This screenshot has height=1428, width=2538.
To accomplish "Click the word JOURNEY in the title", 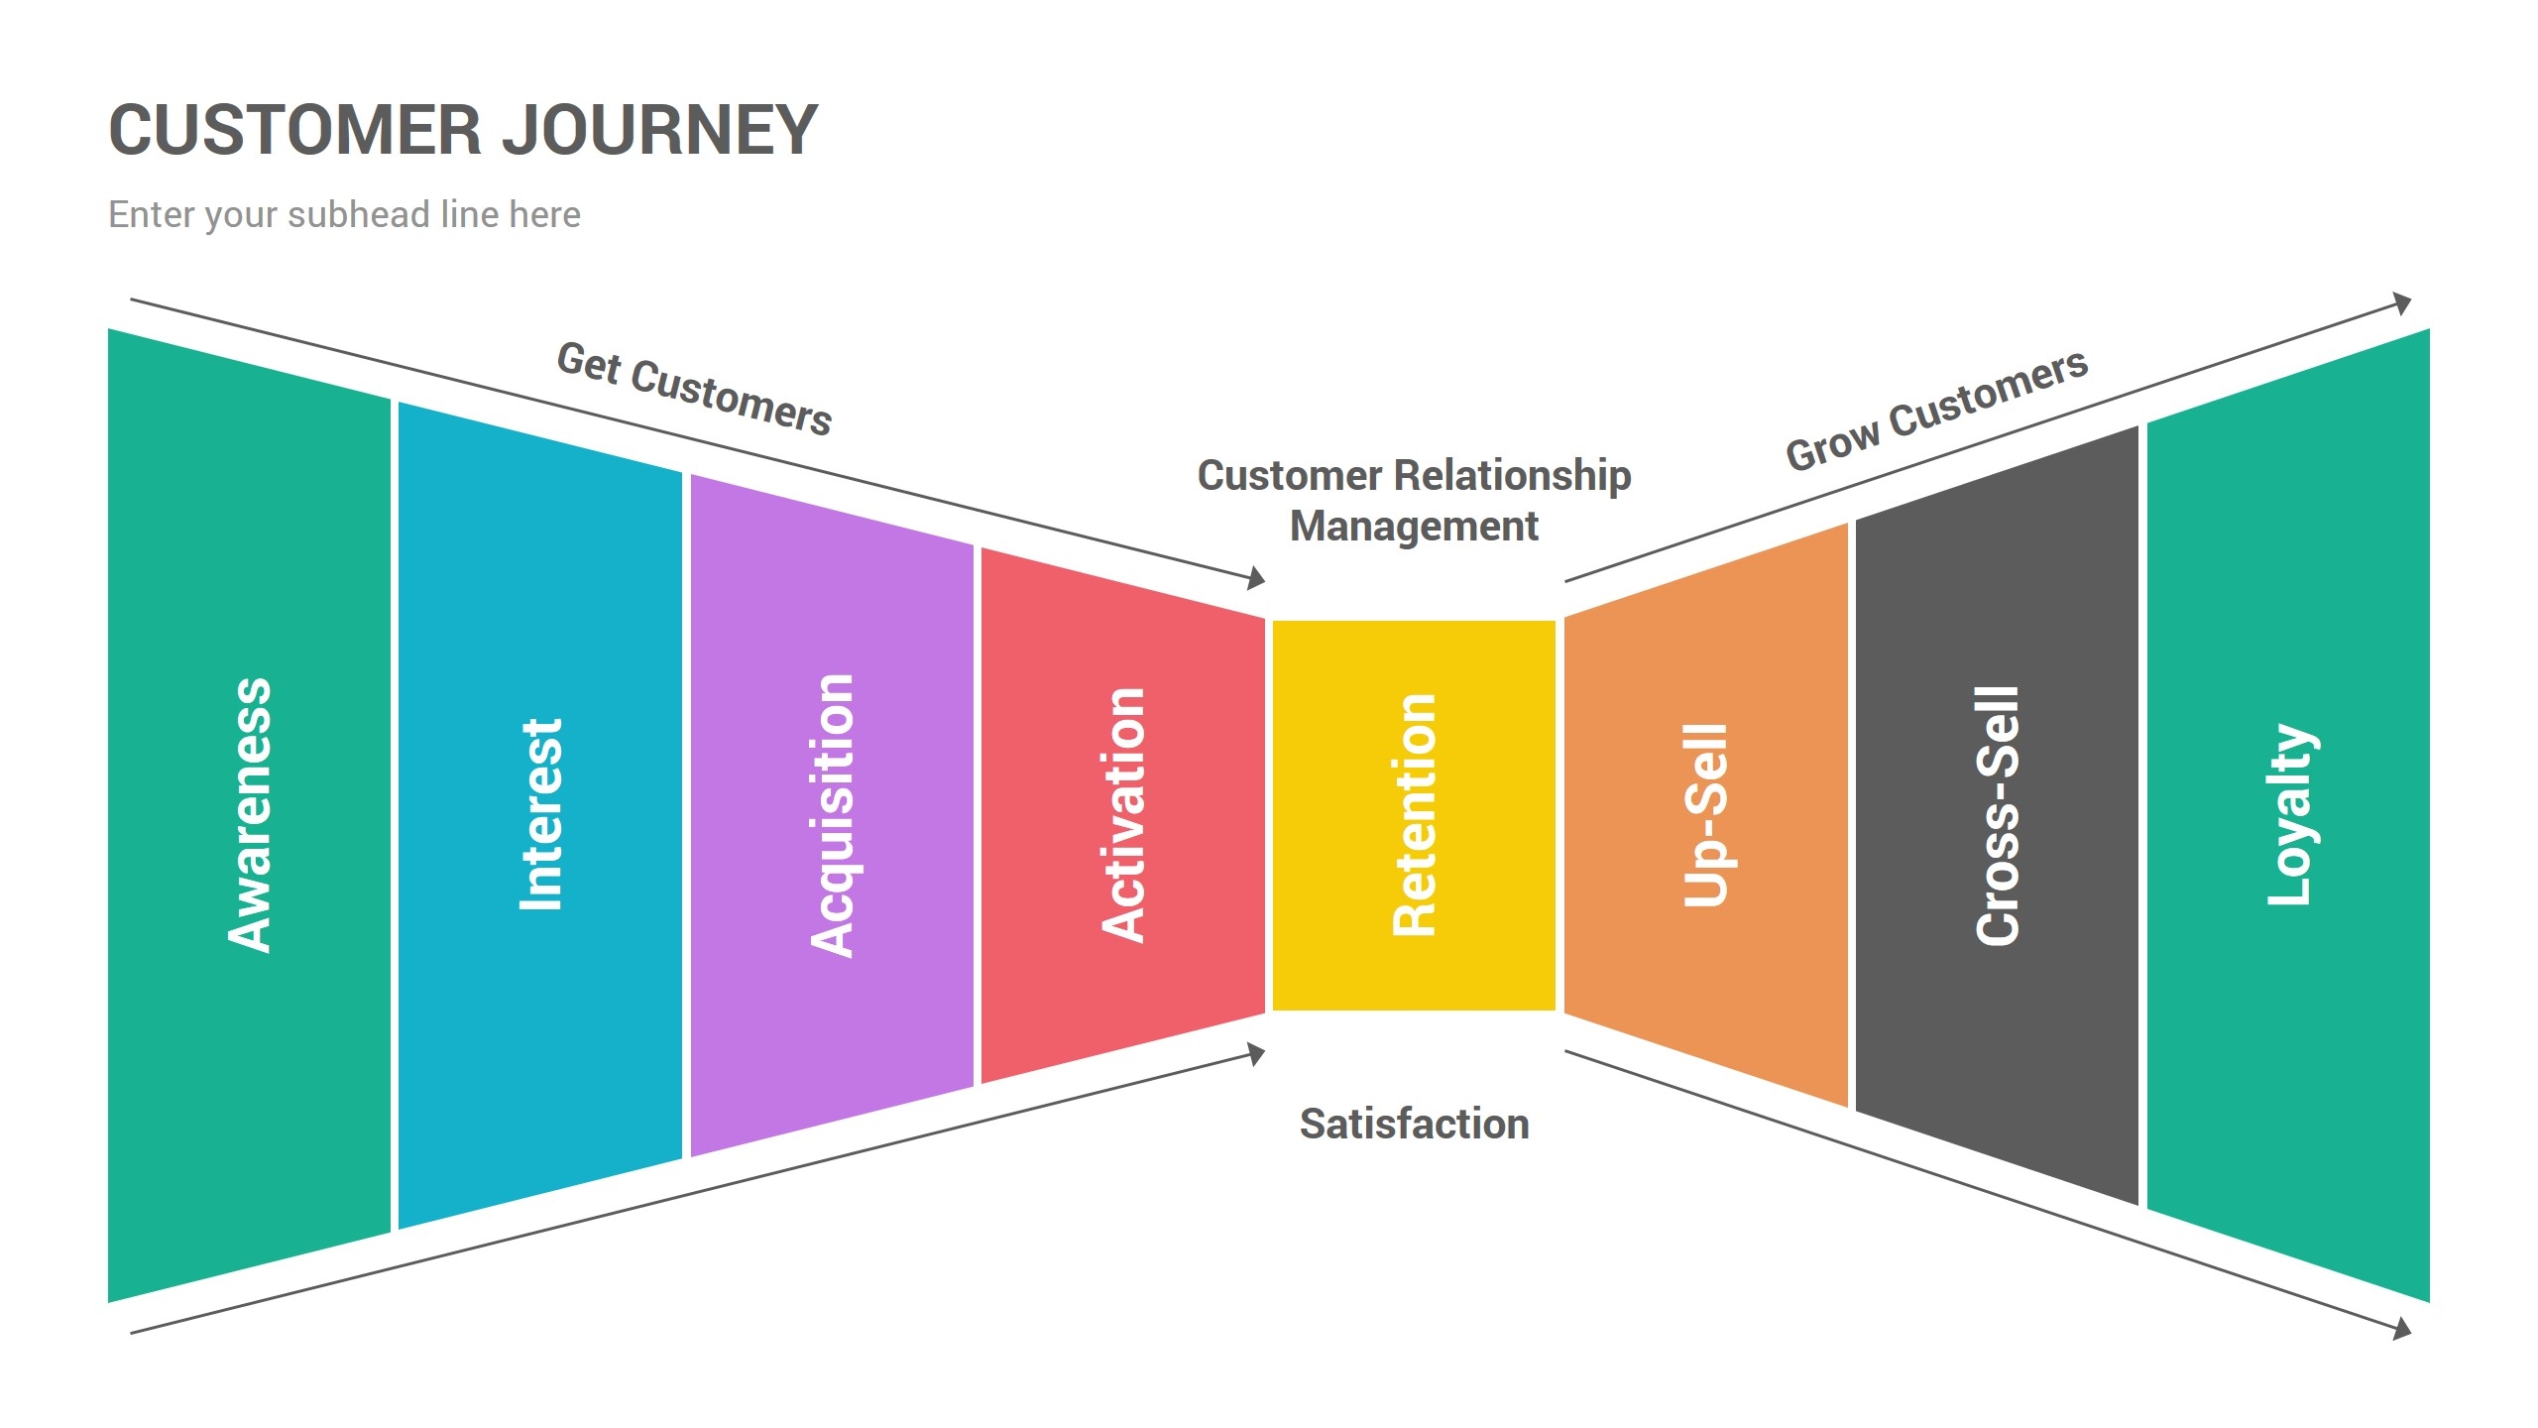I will coord(659,130).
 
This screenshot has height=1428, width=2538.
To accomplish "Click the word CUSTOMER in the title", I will coord(295,130).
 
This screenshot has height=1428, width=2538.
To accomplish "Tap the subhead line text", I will coord(344,214).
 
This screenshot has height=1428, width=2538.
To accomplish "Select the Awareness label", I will coord(250,815).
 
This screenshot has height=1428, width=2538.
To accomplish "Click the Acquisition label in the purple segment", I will coord(832,815).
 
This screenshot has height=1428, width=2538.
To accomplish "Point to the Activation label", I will coord(1123,815).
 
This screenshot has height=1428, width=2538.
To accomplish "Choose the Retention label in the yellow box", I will coord(1414,815).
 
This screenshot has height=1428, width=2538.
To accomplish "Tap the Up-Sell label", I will coord(1705,815).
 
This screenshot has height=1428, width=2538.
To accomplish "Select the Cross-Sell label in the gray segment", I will coord(1997,815).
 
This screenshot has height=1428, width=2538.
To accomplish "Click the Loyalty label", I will coord(2289,815).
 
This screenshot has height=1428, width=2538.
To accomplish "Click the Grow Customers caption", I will coord(1936,410).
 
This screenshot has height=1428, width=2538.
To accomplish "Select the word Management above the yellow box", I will coord(1414,526).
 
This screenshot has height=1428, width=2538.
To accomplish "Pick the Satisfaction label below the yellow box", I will coord(1414,1124).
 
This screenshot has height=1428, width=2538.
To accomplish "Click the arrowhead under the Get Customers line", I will coord(1257,577).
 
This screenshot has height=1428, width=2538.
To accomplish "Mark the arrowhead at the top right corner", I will coord(2402,302).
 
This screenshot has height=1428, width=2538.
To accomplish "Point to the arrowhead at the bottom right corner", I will coord(2402,1329).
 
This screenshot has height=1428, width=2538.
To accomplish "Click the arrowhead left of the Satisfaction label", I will coord(1257,1053).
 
